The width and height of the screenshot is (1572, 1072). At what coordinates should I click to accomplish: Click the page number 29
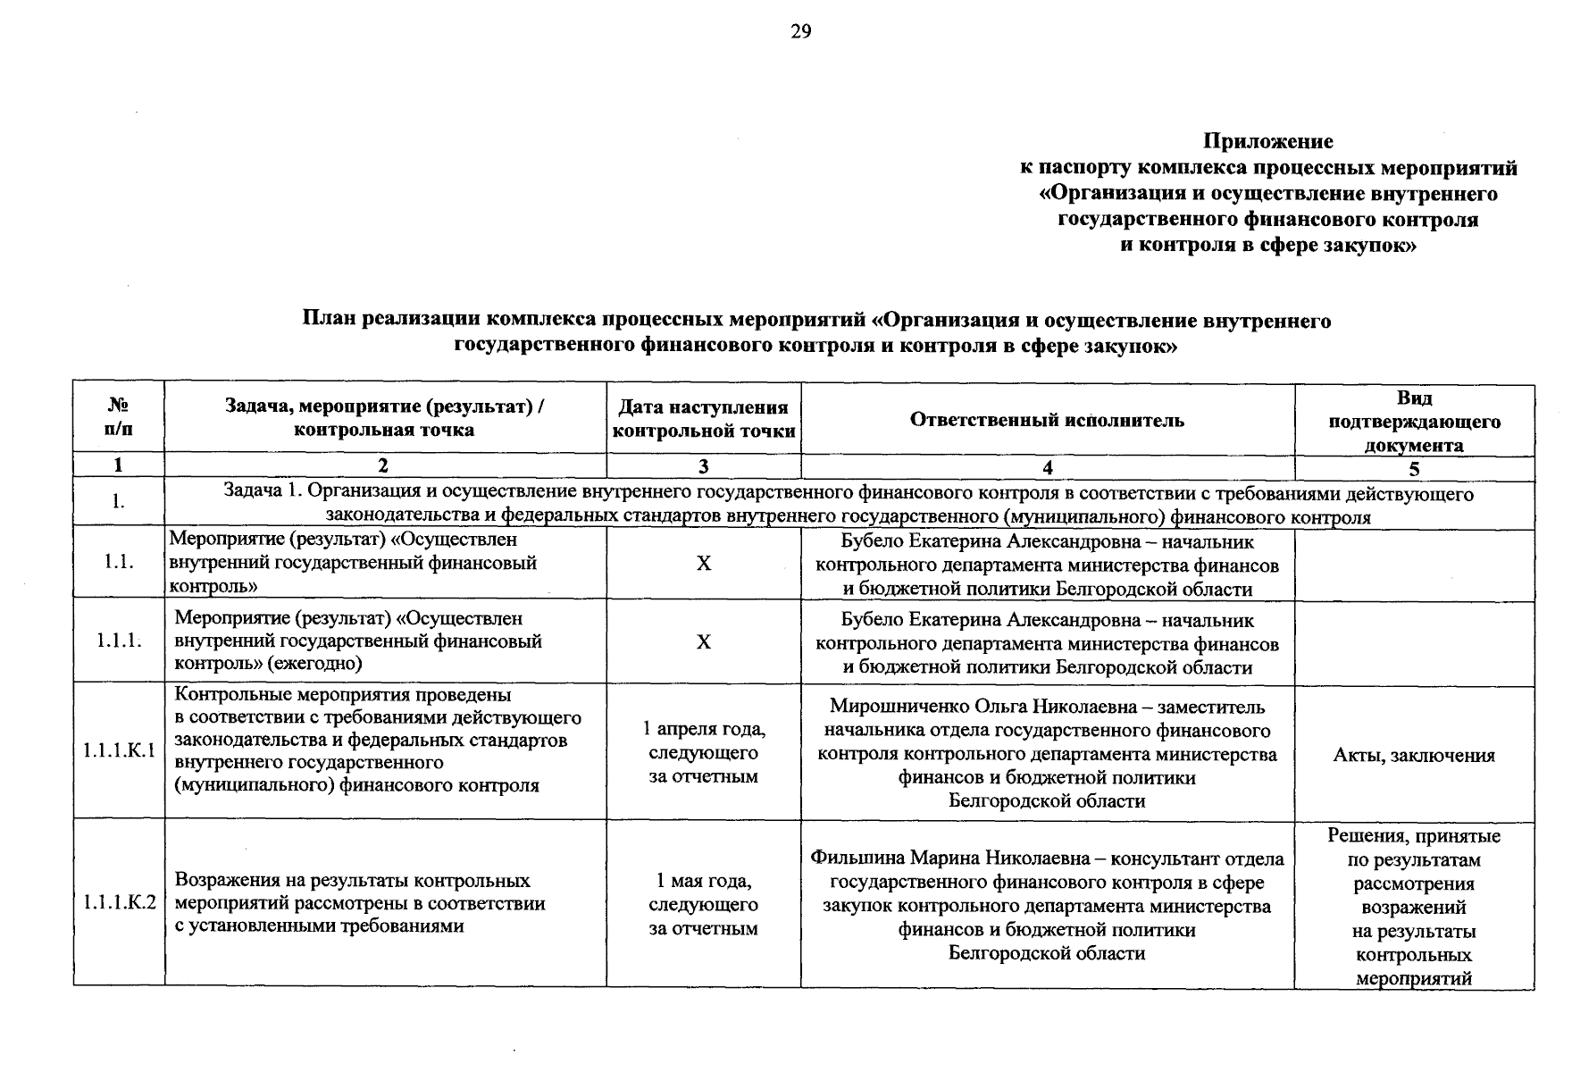click(x=800, y=32)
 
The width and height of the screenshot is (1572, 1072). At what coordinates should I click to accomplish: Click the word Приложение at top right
click(x=1267, y=141)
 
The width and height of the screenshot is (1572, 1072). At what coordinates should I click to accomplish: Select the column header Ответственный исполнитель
click(x=1047, y=420)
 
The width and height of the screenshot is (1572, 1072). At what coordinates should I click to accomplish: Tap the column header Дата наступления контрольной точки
click(x=704, y=419)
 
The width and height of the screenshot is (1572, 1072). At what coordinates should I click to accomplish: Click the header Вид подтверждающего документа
click(x=1414, y=421)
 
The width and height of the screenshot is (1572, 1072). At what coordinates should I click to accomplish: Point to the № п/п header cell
click(x=118, y=417)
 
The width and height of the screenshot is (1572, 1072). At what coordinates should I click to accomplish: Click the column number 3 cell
click(x=704, y=466)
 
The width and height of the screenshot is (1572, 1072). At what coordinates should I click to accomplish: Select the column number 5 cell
click(x=1414, y=468)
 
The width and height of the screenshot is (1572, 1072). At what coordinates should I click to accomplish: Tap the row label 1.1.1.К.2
click(x=119, y=903)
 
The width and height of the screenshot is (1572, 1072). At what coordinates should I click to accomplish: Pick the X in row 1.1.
click(x=704, y=563)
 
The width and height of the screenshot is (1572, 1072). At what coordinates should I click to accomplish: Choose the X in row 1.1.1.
click(x=704, y=641)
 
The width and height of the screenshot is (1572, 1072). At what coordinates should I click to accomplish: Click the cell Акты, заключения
click(x=1414, y=755)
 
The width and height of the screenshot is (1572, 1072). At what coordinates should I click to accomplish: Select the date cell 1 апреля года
click(x=704, y=729)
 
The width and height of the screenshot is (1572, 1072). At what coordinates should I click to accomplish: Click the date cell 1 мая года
click(x=704, y=881)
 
